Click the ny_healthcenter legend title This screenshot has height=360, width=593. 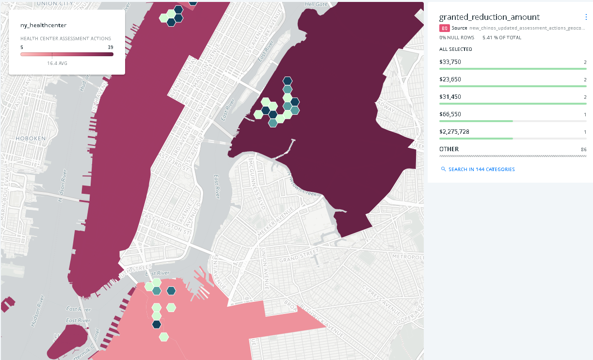(43, 25)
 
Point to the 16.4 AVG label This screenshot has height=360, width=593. (57, 63)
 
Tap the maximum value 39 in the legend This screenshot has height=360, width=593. (111, 47)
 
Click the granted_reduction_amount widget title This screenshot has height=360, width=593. (489, 17)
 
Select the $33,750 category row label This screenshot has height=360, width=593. (450, 62)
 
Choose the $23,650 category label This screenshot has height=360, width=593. (450, 79)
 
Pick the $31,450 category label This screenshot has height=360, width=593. (450, 97)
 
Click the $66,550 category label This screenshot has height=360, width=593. (450, 114)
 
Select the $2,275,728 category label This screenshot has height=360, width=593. (454, 132)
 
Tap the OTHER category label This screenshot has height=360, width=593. (449, 149)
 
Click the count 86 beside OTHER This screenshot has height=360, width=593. (583, 150)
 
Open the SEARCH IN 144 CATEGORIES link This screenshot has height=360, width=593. (478, 170)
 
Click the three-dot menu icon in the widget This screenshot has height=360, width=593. (586, 17)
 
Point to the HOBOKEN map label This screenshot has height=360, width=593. (30, 138)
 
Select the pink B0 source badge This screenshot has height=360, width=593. (445, 28)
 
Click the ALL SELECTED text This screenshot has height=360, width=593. (456, 49)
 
